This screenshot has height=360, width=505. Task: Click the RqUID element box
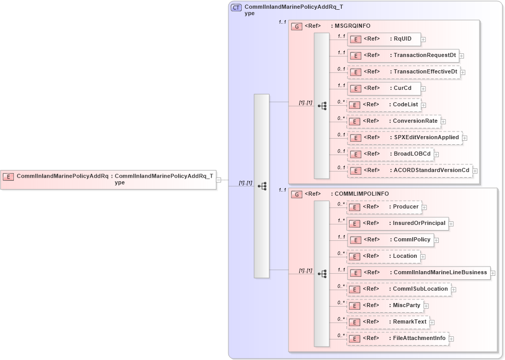click(384, 39)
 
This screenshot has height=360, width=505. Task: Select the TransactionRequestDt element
click(403, 55)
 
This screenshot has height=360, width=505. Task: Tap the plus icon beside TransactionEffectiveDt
click(463, 72)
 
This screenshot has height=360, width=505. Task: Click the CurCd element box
click(384, 88)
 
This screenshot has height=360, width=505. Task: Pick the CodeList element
click(384, 105)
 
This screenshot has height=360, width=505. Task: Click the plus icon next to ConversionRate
click(443, 122)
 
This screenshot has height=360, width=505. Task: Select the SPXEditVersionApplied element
click(405, 138)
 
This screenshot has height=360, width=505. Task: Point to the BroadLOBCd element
click(390, 154)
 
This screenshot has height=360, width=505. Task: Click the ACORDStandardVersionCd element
click(410, 170)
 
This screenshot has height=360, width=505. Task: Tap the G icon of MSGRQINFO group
click(297, 26)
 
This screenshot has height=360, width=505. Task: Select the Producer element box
click(384, 207)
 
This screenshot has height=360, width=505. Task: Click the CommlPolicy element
click(390, 239)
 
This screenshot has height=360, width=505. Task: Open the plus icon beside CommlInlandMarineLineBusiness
click(493, 273)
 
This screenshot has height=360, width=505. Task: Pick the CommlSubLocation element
click(399, 289)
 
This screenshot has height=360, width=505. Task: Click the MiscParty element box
click(385, 306)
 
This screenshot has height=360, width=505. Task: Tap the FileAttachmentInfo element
click(398, 338)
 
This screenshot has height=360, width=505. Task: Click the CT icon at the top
click(237, 8)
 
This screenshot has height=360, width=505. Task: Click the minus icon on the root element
click(219, 180)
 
